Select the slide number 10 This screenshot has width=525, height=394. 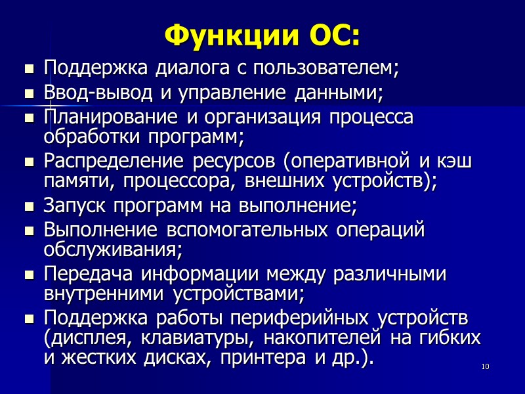pyautogui.click(x=485, y=366)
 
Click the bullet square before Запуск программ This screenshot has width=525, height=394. pyautogui.click(x=29, y=208)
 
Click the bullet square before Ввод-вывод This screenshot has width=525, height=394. pyautogui.click(x=29, y=95)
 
